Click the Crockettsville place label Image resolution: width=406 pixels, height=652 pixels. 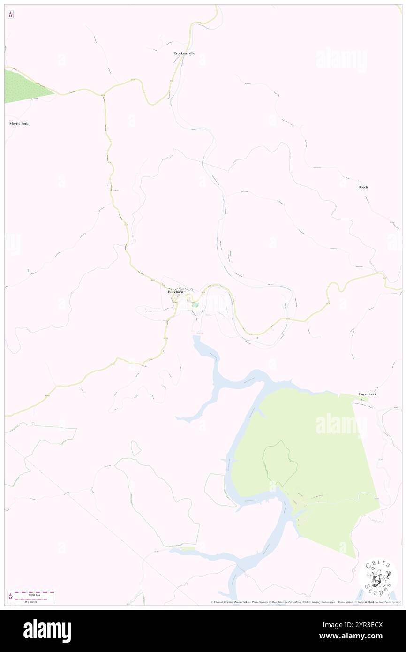point(184,53)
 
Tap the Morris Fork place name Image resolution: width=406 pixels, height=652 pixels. point(19,123)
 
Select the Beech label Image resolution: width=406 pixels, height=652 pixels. point(363,187)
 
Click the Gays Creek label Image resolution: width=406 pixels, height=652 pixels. point(368,394)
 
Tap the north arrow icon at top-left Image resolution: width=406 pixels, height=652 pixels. point(10,15)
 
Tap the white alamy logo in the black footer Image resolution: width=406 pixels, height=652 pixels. point(47,631)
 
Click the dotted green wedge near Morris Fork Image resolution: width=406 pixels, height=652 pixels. point(23,87)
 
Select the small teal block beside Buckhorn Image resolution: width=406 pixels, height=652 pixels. point(196,305)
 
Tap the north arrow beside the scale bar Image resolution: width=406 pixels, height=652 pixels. point(10,597)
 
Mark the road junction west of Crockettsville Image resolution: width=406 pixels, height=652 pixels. point(104,94)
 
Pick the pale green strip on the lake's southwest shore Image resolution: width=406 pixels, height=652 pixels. point(188,549)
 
